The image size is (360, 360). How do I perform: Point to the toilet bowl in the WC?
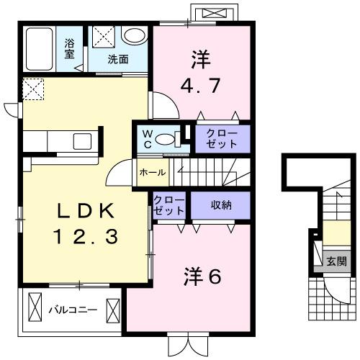pos(165,140)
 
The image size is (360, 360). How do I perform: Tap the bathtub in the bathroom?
pos(40,49)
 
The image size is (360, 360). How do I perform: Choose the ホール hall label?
pos(152,172)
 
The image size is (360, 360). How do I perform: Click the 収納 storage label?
pos(221,205)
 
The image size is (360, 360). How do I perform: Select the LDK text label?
pos(85,212)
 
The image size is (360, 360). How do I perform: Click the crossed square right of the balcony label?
pos(114,310)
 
